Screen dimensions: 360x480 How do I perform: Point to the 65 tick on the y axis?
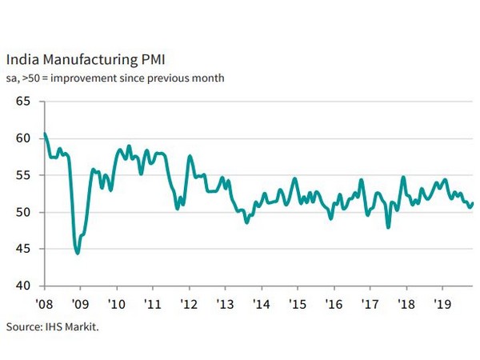[22, 102]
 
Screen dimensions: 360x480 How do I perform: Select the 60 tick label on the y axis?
[22, 138]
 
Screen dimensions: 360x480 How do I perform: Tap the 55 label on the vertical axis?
[22, 175]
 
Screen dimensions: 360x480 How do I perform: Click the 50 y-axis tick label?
[22, 212]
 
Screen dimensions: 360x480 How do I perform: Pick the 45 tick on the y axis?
[22, 249]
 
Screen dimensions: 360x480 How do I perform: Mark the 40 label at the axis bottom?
[22, 286]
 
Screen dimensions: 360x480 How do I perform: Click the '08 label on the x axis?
[45, 304]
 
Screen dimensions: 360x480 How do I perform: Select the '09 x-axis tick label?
[81, 304]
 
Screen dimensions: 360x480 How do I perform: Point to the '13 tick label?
[224, 304]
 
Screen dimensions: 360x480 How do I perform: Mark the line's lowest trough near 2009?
[77, 253]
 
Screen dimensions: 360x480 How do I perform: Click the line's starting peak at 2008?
[45, 134]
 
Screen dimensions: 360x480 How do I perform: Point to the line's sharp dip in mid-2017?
[389, 227]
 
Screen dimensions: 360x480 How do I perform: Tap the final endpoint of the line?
[473, 203]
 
